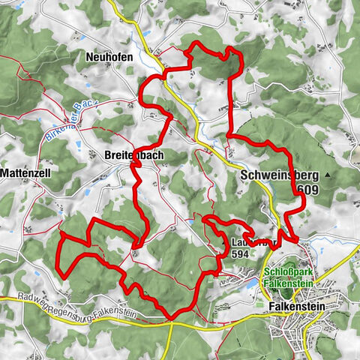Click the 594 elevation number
(240, 254)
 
